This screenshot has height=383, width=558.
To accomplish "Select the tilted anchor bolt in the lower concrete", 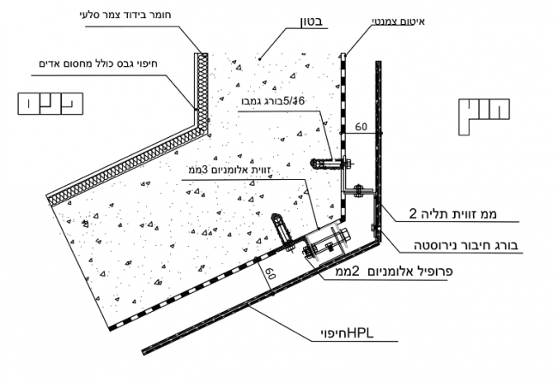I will point(281,228).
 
